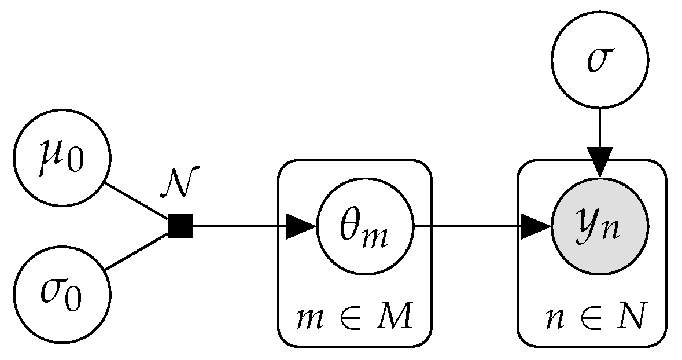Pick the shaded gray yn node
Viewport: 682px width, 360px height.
click(x=600, y=226)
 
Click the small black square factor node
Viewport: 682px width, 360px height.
click(x=180, y=226)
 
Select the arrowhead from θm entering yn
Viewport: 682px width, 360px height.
click(x=536, y=226)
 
